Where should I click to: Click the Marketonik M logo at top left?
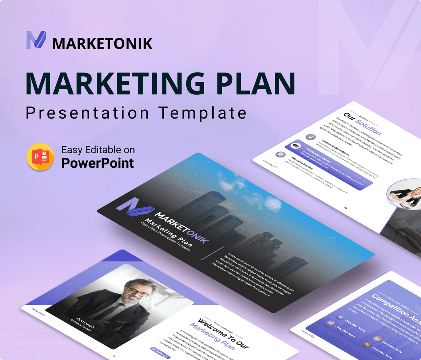pos(36,40)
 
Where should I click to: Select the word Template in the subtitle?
pos(202,113)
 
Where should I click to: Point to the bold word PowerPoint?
pos(97,163)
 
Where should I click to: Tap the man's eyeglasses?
pos(137,291)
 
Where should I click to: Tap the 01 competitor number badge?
pos(340,318)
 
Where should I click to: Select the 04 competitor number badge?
pos(367,344)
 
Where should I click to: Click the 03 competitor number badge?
pos(377,339)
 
